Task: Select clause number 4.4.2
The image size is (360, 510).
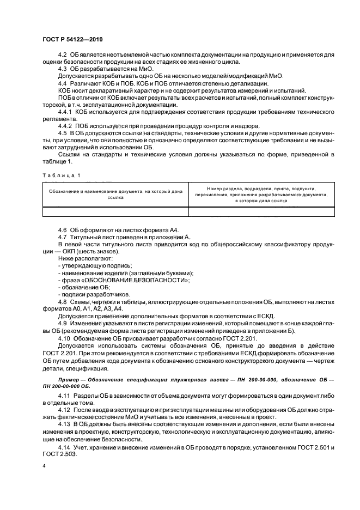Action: click(66, 125)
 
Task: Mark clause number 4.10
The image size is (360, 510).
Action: click(65, 338)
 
